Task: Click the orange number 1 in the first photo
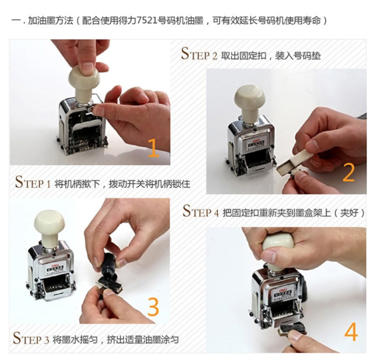click(154, 148)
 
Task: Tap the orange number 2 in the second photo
click(349, 172)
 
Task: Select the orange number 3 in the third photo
click(153, 307)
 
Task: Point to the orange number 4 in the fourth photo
click(351, 332)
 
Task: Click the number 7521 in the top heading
click(146, 21)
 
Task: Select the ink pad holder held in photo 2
click(294, 163)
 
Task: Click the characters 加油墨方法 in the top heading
click(50, 21)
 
